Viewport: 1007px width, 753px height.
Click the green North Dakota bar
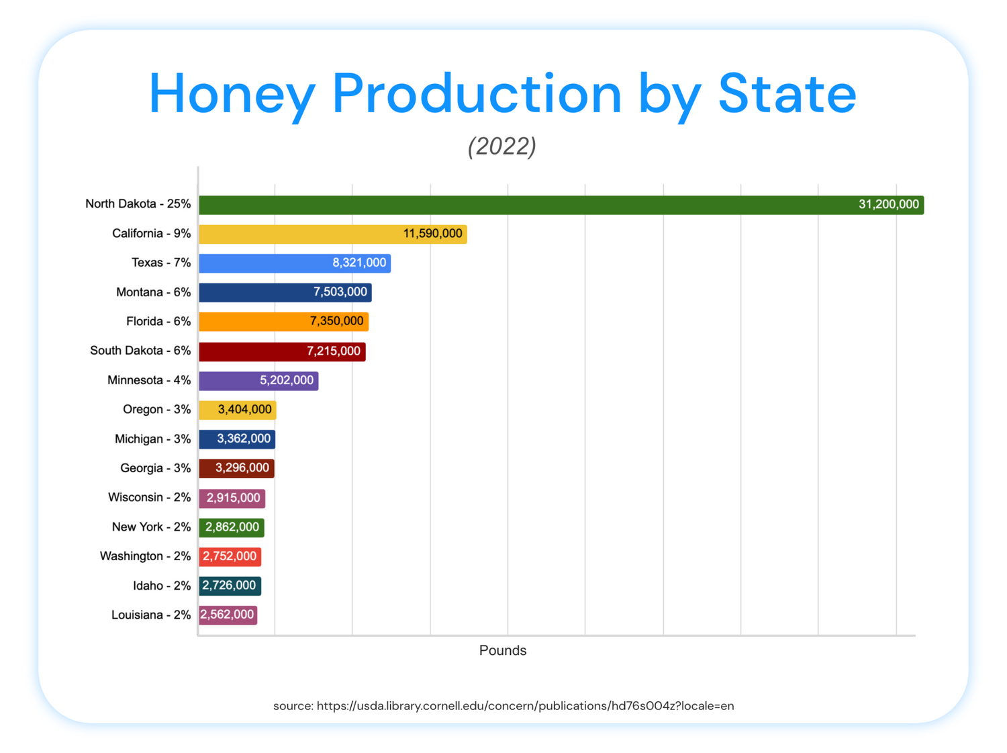click(x=561, y=205)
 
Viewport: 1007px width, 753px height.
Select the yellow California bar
click(x=332, y=234)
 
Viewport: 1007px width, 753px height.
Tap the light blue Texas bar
click(x=295, y=263)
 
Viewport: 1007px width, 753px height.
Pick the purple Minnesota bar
click(x=258, y=380)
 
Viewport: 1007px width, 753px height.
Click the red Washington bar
click(x=230, y=556)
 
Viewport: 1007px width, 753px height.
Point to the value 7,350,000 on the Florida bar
click(x=336, y=321)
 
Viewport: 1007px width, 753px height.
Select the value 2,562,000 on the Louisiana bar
click(x=227, y=614)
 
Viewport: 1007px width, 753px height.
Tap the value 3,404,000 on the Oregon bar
click(x=244, y=409)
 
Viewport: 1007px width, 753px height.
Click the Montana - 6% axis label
click(x=153, y=292)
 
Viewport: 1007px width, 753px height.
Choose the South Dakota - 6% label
click(x=140, y=350)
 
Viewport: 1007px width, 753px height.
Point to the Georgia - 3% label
click(x=156, y=468)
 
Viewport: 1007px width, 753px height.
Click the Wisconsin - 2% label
click(x=150, y=497)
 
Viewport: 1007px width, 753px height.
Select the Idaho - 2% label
click(x=162, y=586)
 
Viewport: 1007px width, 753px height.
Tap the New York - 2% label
click(x=152, y=527)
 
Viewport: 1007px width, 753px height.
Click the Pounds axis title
click(x=502, y=650)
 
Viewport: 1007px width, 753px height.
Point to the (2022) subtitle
click(x=502, y=146)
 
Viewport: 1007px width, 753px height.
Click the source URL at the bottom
click(x=525, y=706)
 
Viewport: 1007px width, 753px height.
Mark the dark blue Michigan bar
click(x=237, y=439)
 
